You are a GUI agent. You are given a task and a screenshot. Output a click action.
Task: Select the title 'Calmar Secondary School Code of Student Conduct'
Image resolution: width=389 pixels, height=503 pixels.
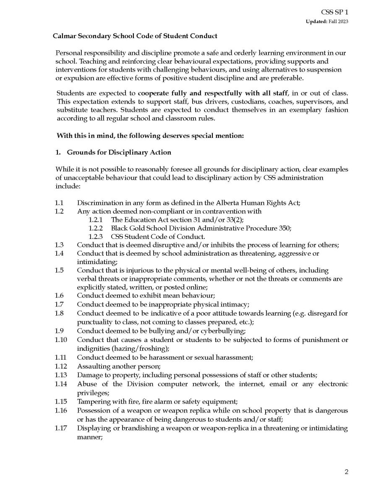[x=135, y=36]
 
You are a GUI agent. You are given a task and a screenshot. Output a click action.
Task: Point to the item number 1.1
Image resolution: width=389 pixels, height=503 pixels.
[x=59, y=203]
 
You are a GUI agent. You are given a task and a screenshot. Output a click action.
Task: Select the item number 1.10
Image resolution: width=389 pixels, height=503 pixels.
[x=60, y=340]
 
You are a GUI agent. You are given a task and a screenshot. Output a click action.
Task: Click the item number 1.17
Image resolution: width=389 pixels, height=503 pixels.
[x=60, y=428]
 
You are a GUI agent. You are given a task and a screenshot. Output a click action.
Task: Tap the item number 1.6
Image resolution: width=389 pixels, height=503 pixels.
[x=59, y=295]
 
